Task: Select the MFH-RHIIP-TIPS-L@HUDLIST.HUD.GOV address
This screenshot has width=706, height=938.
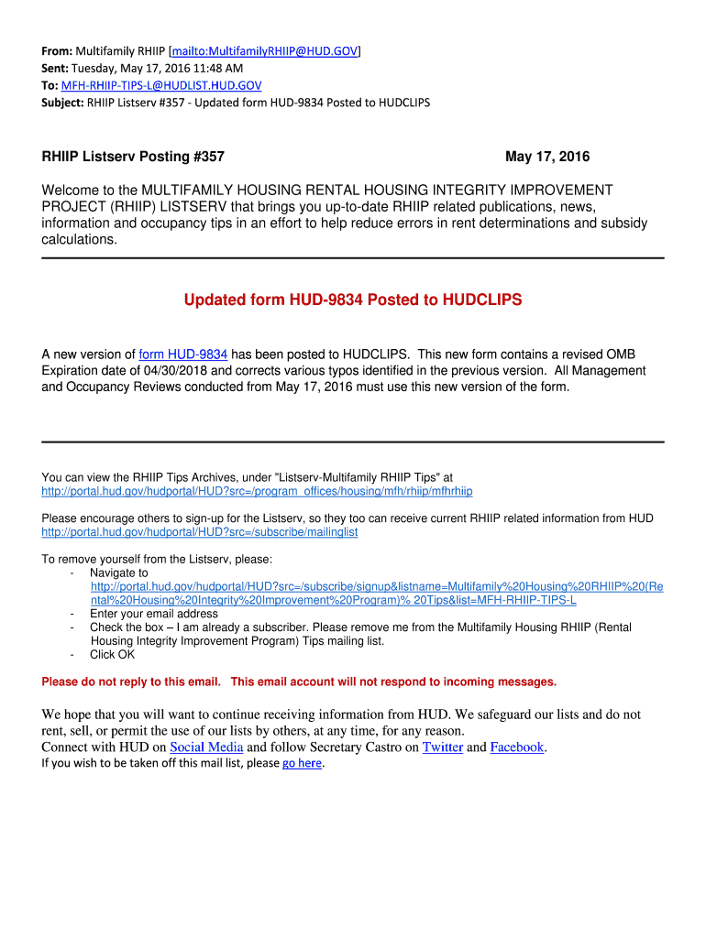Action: pyautogui.click(x=161, y=85)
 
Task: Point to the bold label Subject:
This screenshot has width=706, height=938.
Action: pyautogui.click(x=63, y=103)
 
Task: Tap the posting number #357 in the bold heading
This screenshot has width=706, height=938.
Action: pyautogui.click(x=209, y=157)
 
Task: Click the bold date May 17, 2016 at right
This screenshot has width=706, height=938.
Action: pyautogui.click(x=547, y=157)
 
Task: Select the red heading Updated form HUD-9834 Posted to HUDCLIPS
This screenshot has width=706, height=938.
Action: pyautogui.click(x=353, y=300)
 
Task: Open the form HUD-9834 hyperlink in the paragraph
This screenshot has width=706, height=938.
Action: pyautogui.click(x=182, y=354)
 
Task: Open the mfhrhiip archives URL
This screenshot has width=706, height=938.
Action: pyautogui.click(x=257, y=491)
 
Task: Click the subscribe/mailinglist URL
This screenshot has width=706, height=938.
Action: pyautogui.click(x=200, y=532)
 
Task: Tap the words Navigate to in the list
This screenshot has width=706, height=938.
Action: pyautogui.click(x=119, y=573)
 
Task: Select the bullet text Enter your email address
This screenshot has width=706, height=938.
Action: pyautogui.click(x=154, y=614)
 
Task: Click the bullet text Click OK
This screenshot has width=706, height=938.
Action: pyautogui.click(x=112, y=655)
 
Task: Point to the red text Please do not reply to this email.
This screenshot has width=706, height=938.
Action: pyautogui.click(x=131, y=682)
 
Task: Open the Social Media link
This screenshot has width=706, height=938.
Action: pyautogui.click(x=206, y=747)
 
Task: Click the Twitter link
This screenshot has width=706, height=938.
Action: pyautogui.click(x=442, y=747)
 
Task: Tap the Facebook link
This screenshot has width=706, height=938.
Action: pyautogui.click(x=517, y=747)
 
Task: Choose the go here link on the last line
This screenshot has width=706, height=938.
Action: pyautogui.click(x=303, y=763)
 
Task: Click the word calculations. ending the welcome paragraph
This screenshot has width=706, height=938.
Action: pyautogui.click(x=80, y=240)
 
